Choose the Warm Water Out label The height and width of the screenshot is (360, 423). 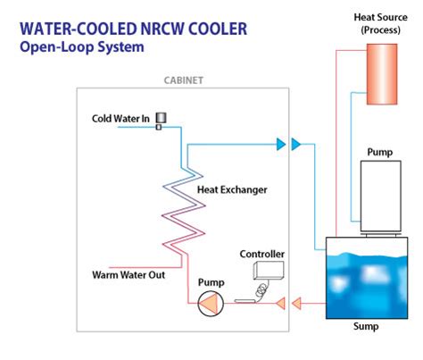point(129,274)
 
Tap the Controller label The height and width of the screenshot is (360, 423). point(262,255)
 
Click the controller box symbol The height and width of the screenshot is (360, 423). point(268,271)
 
